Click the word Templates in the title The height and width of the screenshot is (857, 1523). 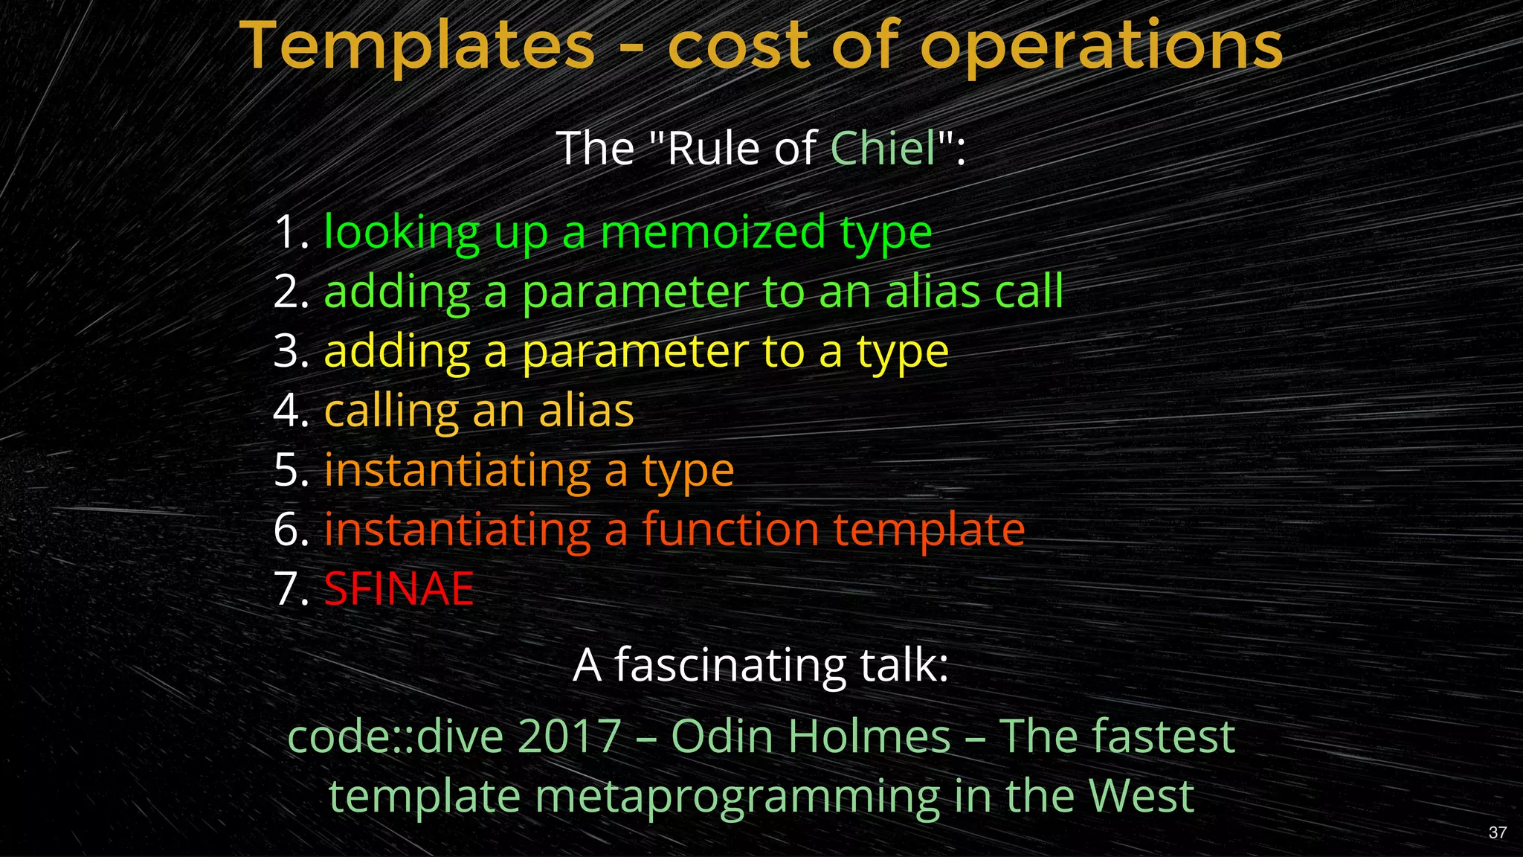(417, 46)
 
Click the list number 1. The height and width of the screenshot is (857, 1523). (290, 232)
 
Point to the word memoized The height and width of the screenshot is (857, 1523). (712, 232)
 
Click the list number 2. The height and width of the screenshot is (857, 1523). (290, 292)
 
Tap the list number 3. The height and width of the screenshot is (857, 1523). (290, 351)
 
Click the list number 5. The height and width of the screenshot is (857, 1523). (290, 470)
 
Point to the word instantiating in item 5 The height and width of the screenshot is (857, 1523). (457, 470)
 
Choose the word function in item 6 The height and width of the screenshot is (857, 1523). (730, 530)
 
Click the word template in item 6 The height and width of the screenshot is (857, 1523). (929, 530)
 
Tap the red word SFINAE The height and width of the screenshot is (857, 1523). (399, 589)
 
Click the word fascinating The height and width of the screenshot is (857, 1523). (730, 665)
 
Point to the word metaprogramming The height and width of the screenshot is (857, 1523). (738, 797)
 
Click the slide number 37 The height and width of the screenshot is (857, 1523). (1498, 832)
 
